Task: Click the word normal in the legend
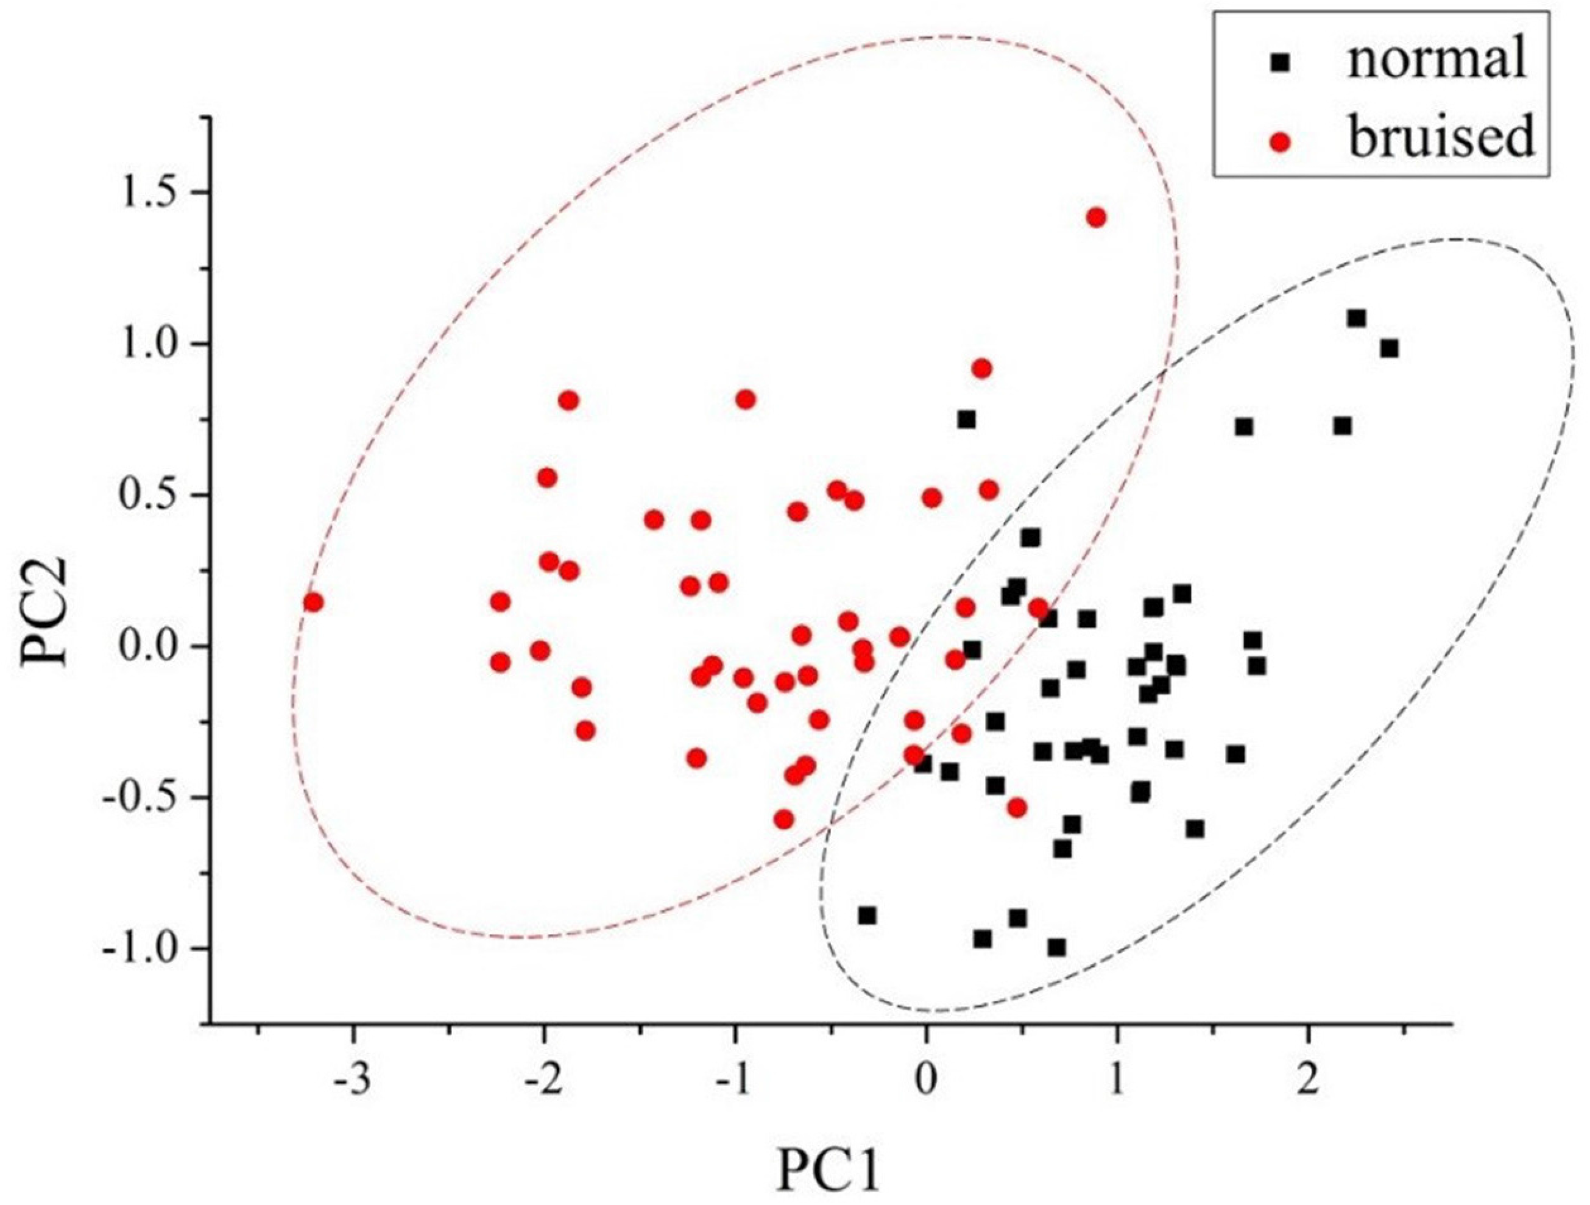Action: (1435, 60)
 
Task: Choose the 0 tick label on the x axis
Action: (926, 1078)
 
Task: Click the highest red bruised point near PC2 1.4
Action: (1096, 217)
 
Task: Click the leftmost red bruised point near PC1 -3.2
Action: (313, 602)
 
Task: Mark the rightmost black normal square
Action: (1390, 348)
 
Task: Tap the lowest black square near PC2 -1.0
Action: (1056, 947)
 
